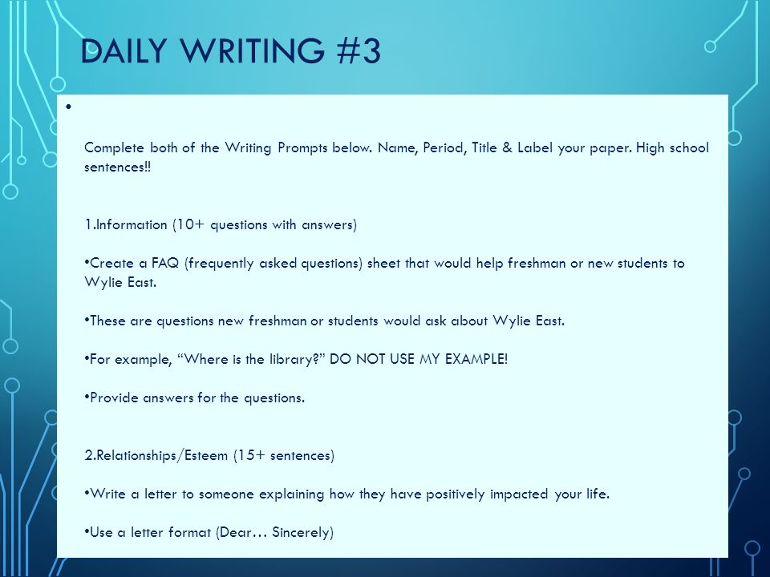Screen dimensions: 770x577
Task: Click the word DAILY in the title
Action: pos(124,50)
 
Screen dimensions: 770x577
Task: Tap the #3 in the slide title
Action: pos(359,50)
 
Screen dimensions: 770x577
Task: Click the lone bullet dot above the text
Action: pos(68,107)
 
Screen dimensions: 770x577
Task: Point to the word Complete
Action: pos(114,148)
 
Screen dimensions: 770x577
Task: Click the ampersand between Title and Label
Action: pos(507,147)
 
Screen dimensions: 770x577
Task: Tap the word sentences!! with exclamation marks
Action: pos(117,167)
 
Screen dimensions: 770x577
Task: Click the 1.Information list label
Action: pos(126,224)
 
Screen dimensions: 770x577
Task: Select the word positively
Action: pos(456,494)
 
